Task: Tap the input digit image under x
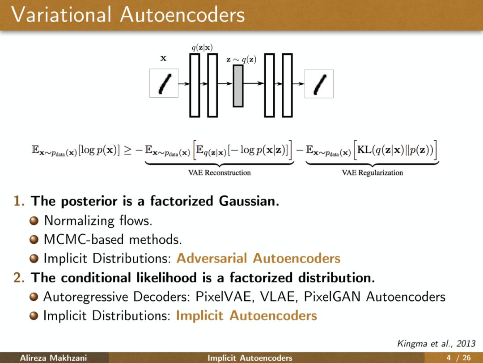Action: tap(164, 83)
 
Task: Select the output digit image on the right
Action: tap(319, 83)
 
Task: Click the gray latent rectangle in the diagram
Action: tap(238, 86)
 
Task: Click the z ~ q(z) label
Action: tap(241, 60)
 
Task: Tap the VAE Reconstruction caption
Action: tap(219, 173)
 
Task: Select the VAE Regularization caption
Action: tap(372, 173)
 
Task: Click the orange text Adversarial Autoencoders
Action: tap(258, 258)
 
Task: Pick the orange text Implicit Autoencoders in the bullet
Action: tap(246, 315)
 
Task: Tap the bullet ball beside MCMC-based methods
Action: tap(34, 240)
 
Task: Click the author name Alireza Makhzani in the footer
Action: tap(53, 358)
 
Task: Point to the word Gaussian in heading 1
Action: tap(249, 201)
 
